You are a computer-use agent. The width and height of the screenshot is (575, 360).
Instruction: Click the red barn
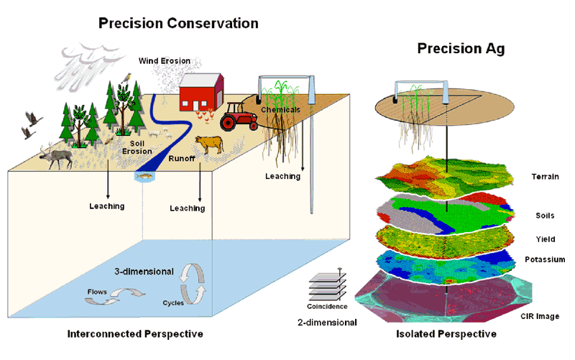[x=201, y=92]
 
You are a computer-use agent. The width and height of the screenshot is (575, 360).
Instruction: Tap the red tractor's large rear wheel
[x=228, y=122]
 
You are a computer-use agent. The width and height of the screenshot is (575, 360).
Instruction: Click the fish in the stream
[x=144, y=176]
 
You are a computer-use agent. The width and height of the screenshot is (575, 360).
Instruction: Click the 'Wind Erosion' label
[x=165, y=61]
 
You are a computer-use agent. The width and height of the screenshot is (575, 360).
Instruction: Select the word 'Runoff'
[x=182, y=158]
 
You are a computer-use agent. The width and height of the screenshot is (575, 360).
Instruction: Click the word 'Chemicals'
[x=280, y=110]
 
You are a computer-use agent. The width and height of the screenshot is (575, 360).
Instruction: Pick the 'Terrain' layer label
[x=546, y=177]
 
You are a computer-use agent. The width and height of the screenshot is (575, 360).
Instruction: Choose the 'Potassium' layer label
[x=545, y=259]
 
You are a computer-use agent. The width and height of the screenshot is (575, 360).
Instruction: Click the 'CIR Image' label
[x=540, y=316]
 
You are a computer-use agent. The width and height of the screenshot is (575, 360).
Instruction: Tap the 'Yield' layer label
[x=546, y=239]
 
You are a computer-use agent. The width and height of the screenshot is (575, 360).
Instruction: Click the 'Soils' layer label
[x=545, y=216]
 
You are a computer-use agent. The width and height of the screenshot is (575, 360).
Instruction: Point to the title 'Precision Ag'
[x=461, y=49]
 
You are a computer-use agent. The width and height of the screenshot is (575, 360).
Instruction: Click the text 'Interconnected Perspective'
[x=135, y=334]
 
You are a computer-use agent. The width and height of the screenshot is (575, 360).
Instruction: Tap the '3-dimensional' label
[x=144, y=272]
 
